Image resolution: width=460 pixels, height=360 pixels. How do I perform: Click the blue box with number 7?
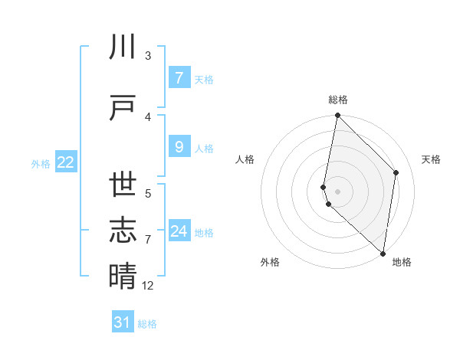tap(179, 78)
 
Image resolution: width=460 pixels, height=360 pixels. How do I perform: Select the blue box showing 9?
tap(179, 147)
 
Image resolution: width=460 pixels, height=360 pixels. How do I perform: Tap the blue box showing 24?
tap(179, 231)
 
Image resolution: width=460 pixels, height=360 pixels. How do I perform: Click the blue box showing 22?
tap(66, 162)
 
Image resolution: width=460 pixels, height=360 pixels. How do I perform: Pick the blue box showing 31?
tap(123, 322)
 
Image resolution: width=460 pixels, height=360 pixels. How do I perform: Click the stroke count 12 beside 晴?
tap(148, 285)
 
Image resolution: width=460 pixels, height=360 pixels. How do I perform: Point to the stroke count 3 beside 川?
tap(148, 56)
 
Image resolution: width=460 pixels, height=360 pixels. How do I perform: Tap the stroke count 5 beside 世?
tap(148, 193)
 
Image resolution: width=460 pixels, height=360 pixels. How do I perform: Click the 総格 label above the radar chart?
tap(338, 100)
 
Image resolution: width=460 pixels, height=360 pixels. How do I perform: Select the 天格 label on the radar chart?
tap(431, 159)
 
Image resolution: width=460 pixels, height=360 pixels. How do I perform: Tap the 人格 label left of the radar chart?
tap(245, 159)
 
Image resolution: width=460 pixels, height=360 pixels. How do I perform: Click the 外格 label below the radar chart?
tap(270, 262)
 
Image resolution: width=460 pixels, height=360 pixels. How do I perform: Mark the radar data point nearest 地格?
tap(383, 254)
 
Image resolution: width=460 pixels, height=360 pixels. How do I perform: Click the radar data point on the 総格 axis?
tap(337, 116)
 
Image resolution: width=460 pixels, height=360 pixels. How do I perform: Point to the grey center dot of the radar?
tap(337, 191)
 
